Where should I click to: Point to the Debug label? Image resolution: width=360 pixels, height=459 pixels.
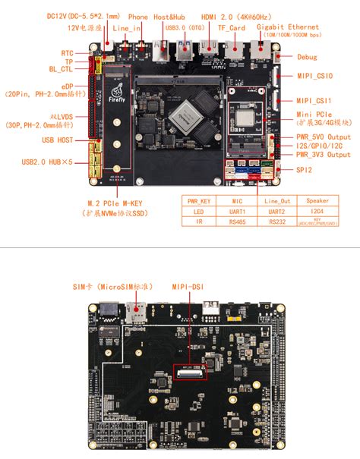[x=308, y=57]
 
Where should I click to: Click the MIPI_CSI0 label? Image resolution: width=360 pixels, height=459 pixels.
[x=314, y=76]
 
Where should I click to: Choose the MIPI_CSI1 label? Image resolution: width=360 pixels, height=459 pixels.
[x=314, y=100]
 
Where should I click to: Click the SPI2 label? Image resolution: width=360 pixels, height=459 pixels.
[x=305, y=170]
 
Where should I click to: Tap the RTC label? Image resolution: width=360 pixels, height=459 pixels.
[x=68, y=54]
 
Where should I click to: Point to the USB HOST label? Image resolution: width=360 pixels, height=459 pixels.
[x=58, y=140]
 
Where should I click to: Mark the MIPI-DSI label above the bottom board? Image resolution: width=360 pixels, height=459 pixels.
[x=188, y=287]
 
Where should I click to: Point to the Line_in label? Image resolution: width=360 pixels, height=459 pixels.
[x=126, y=28]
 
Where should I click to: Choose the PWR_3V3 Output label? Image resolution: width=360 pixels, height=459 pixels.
[x=324, y=154]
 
